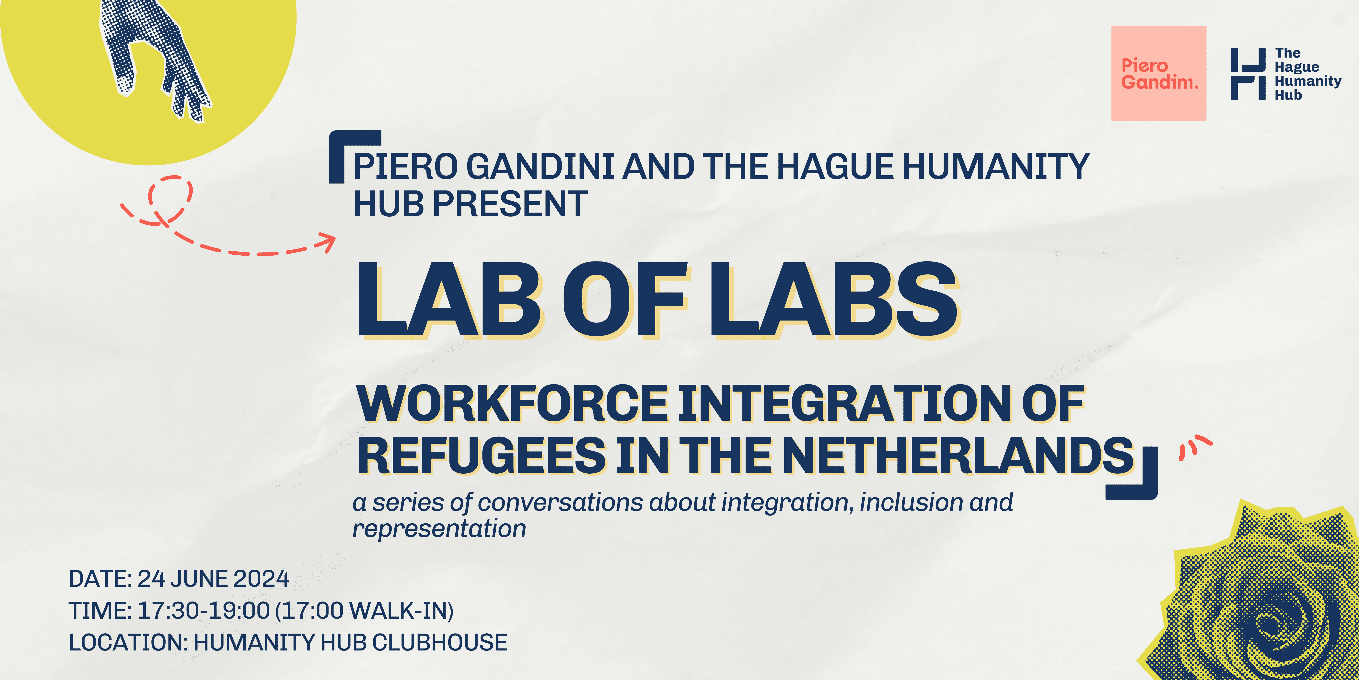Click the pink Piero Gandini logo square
pyautogui.click(x=1158, y=73)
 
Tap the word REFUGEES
pyautogui.click(x=482, y=456)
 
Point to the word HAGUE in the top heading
pyautogui.click(x=835, y=166)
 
